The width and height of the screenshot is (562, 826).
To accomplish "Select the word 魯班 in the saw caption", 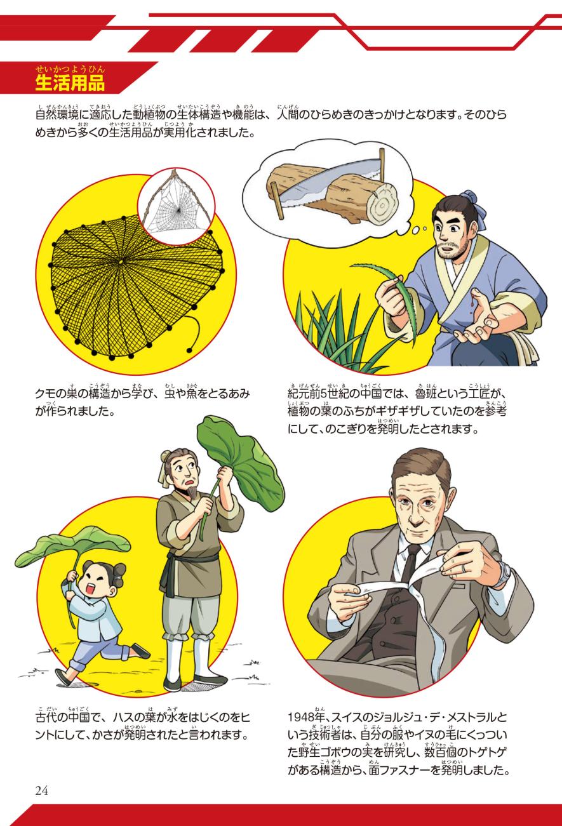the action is click(x=426, y=394).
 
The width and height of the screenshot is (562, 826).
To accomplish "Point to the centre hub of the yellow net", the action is click(x=121, y=262).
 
